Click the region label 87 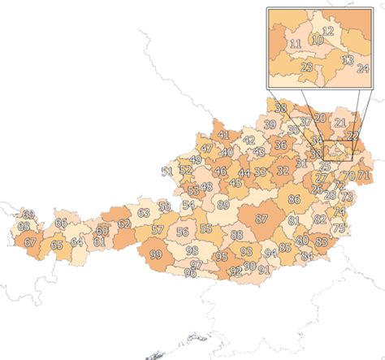click(x=262, y=219)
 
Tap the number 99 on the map click(x=156, y=255)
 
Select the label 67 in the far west click(x=30, y=241)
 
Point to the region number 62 click(x=124, y=223)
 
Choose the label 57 click(x=158, y=230)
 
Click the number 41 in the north click(x=223, y=134)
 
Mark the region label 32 click(x=283, y=171)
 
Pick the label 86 click(x=294, y=199)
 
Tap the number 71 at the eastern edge click(x=363, y=176)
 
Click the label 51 click(x=167, y=171)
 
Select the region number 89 click(x=223, y=205)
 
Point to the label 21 click(x=340, y=121)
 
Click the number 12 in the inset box click(x=328, y=30)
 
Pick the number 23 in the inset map click(x=307, y=67)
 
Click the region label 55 click(x=206, y=228)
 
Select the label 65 click(x=56, y=245)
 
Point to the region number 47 click(x=207, y=149)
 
